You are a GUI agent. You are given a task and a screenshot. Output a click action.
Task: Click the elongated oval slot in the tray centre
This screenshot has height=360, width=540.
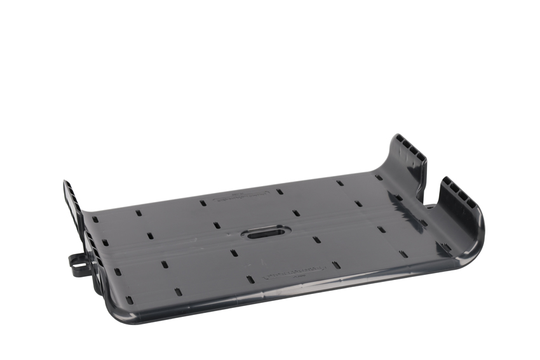266,233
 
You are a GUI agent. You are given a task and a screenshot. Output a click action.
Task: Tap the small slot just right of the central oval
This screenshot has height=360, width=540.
296,214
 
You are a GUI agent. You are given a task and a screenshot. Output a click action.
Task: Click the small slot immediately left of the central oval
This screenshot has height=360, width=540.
217,225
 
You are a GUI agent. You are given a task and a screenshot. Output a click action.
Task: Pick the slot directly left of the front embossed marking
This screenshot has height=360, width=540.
250,279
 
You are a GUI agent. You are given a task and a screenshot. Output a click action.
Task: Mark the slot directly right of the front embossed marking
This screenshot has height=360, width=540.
337,265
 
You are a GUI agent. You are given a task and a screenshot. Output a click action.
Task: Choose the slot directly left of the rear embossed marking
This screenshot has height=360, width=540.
203,203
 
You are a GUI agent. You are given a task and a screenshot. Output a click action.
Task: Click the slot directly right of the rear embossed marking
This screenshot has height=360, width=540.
279,191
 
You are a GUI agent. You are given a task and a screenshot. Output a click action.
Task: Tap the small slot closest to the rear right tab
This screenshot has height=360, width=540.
379,177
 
